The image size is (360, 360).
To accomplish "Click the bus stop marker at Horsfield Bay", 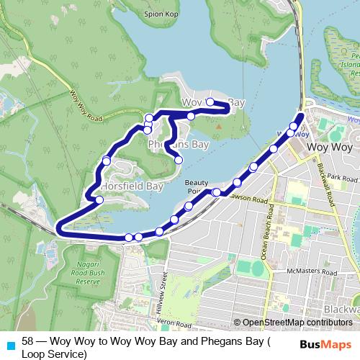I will coord(99,198).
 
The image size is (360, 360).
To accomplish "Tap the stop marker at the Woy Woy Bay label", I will coord(210,102).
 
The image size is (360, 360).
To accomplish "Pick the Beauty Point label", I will coord(196,186).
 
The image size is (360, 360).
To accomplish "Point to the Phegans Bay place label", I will coord(178,145).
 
